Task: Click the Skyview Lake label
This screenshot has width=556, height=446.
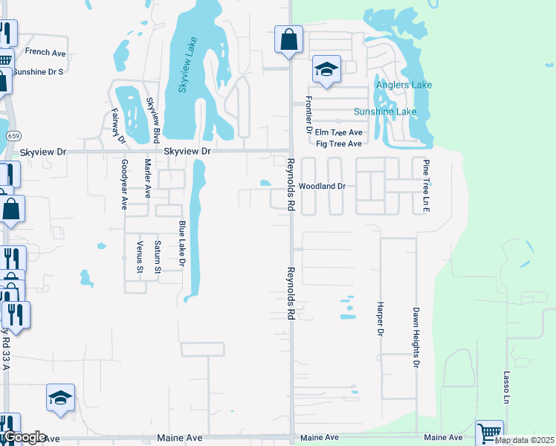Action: (x=187, y=65)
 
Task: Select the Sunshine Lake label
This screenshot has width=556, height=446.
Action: (x=385, y=112)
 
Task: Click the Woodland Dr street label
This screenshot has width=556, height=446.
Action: (x=323, y=187)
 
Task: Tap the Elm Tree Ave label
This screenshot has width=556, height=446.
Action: (x=338, y=132)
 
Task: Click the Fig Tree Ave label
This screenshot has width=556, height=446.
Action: (x=338, y=143)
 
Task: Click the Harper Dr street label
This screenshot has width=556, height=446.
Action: (x=380, y=317)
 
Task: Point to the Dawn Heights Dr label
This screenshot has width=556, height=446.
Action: (x=416, y=338)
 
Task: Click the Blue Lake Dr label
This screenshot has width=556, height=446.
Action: (x=181, y=244)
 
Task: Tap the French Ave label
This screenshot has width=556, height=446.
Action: (x=45, y=52)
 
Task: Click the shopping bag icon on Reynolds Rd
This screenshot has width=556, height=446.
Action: (x=288, y=39)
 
